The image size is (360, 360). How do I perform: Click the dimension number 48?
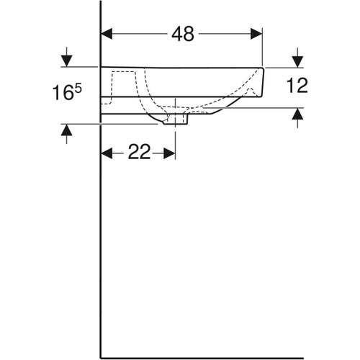tap(183, 33)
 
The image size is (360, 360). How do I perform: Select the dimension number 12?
tap(297, 86)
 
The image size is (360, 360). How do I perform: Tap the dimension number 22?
tap(138, 153)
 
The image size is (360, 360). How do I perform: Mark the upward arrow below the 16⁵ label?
tap(66, 131)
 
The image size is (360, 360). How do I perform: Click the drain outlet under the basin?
tap(175, 120)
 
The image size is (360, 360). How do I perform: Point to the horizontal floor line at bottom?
tap(216, 356)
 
